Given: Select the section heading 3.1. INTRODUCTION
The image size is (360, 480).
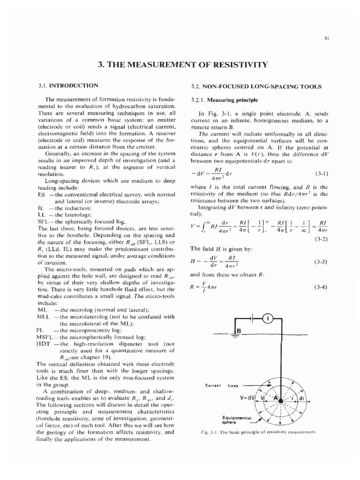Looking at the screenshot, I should pos(68,85).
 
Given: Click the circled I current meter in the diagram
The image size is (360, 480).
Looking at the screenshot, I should pos(268,318).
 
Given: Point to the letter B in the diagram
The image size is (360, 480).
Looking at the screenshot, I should pos(238,331).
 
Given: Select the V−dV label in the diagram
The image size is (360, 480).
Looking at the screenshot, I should pos(247,397).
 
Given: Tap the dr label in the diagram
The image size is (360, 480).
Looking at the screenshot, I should pos(301,398).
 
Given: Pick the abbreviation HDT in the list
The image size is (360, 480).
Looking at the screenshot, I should pos(43,344).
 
